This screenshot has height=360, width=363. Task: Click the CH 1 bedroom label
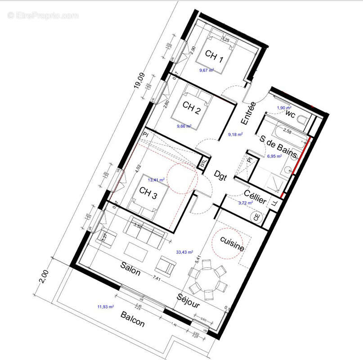pos(215,56)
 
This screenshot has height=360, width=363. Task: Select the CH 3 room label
pos(148,191)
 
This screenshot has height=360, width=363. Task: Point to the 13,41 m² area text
pos(156,180)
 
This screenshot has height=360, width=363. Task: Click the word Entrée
pos(248,113)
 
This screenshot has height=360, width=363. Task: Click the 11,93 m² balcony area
pos(105,307)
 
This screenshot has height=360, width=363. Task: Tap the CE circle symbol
pos(257,216)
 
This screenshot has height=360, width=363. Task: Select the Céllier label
pos(255,197)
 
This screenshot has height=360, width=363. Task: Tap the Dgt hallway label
pos(220,174)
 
